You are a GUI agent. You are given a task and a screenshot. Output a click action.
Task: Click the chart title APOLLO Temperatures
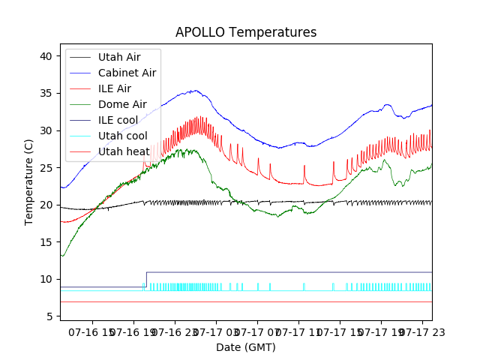pyautogui.click(x=246, y=32)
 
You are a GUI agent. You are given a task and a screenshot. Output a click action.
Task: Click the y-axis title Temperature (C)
pyautogui.click(x=29, y=181)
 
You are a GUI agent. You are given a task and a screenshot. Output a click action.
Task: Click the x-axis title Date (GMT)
pyautogui.click(x=246, y=347)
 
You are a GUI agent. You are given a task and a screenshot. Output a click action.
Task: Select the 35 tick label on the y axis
pyautogui.click(x=46, y=94)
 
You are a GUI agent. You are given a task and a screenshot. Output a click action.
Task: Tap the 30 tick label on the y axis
pyautogui.click(x=46, y=130)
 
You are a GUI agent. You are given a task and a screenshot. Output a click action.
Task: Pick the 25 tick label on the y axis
pyautogui.click(x=46, y=168)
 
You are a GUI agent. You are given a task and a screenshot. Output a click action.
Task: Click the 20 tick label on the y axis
pyautogui.click(x=46, y=205)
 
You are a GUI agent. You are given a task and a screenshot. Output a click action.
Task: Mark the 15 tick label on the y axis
pyautogui.click(x=46, y=242)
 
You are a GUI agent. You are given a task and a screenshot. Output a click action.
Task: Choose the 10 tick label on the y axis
pyautogui.click(x=46, y=279)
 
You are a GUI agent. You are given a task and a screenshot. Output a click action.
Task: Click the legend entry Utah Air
pyautogui.click(x=118, y=56)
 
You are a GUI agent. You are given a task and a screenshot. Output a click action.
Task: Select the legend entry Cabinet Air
pyautogui.click(x=127, y=73)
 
